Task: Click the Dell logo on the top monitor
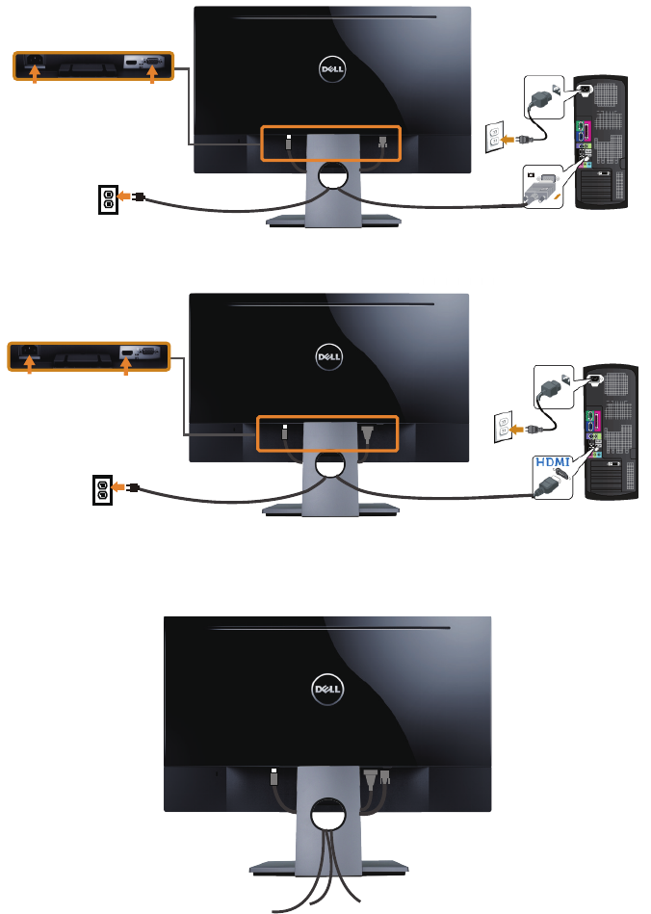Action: click(x=332, y=68)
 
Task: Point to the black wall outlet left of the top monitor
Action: click(x=109, y=198)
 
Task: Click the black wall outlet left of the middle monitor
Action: click(x=103, y=488)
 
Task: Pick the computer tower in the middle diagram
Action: click(x=609, y=431)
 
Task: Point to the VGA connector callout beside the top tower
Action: click(x=545, y=191)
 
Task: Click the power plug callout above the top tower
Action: click(x=545, y=97)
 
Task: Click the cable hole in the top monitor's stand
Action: click(x=332, y=175)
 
